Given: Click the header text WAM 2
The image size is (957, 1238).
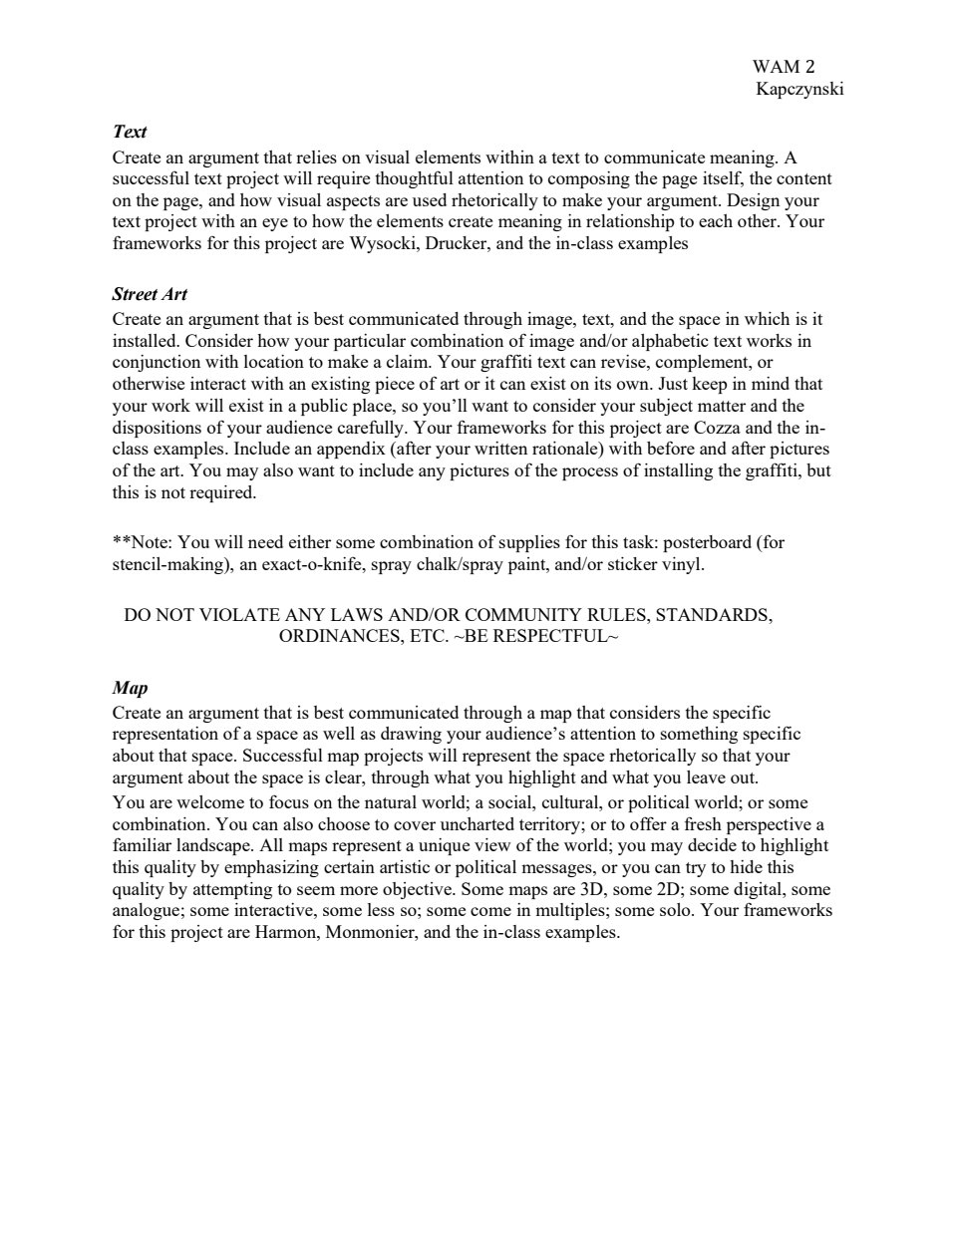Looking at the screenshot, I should pyautogui.click(x=783, y=67).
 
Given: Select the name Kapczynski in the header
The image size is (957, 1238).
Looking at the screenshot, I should pyautogui.click(x=799, y=89).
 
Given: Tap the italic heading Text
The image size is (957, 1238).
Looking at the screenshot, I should pyautogui.click(x=130, y=132).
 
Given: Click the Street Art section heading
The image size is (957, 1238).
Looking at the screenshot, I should pyautogui.click(x=150, y=294).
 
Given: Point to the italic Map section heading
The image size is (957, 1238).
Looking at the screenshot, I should pyautogui.click(x=130, y=688).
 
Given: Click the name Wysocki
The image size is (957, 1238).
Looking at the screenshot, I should pyautogui.click(x=382, y=243).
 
